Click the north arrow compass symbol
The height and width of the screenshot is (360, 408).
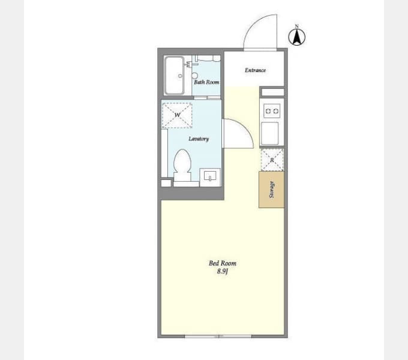coord(296,37)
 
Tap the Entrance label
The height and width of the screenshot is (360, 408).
coord(255,70)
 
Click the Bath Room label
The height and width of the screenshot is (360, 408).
coord(206,82)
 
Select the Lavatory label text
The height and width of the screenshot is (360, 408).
coord(199,139)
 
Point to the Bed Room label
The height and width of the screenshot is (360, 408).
coord(223,263)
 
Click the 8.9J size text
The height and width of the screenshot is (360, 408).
coord(223,272)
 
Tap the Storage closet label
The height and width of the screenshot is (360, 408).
coord(272,190)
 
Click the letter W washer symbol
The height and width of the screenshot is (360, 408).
coord(177,115)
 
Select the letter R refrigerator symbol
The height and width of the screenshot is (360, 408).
coord(272,160)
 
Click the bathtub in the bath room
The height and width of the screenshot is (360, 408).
coord(175,76)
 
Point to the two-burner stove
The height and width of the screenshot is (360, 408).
coord(272,111)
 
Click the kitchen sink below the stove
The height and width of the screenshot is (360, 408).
coord(270,133)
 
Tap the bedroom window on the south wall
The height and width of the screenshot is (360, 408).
coord(218,337)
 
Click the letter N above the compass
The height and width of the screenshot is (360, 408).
coord(296,26)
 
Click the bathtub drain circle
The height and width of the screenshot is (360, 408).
coord(180,76)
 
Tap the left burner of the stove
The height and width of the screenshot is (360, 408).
coord(268,112)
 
